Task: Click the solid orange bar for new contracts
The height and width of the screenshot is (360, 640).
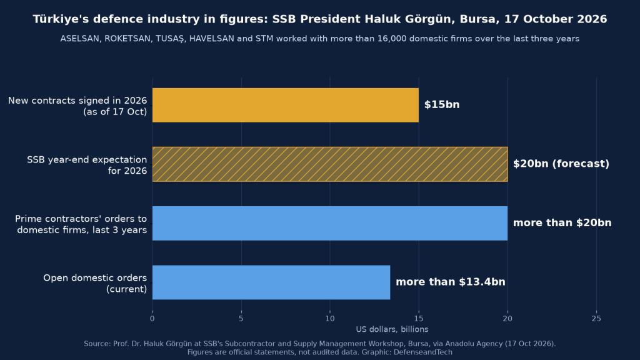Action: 285,105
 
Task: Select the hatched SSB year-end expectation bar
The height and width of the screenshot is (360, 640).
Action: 330,164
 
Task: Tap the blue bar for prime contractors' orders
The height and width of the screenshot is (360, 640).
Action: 330,223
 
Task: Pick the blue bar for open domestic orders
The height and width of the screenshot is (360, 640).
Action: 271,282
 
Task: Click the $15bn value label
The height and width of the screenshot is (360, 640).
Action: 442,104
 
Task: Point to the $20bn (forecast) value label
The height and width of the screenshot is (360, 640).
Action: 561,164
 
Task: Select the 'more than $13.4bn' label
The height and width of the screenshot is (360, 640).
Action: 451,282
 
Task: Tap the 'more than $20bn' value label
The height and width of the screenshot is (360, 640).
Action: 562,223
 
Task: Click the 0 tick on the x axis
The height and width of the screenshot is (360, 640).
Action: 152,318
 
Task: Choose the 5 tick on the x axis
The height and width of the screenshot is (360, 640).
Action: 241,318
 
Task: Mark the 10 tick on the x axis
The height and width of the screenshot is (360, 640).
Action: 330,318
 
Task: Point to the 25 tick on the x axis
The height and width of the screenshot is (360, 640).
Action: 596,318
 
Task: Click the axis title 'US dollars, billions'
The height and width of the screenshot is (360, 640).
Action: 392,329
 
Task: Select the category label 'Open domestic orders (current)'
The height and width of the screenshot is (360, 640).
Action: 95,283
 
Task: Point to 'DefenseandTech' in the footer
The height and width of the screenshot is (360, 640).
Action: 423,352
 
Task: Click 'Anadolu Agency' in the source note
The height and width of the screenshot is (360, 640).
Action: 474,344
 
